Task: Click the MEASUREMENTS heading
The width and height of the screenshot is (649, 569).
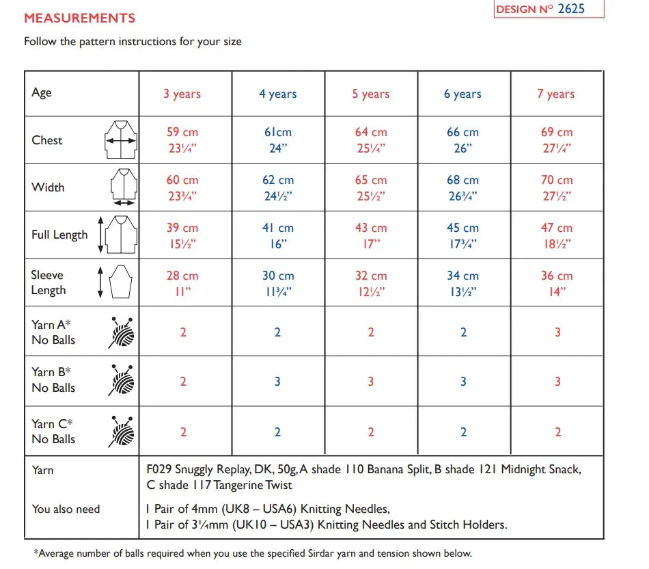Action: [79, 18]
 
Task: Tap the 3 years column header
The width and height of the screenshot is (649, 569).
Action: [182, 94]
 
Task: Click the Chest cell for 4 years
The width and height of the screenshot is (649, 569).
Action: [278, 140]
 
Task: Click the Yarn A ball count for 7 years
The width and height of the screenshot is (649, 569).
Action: [557, 332]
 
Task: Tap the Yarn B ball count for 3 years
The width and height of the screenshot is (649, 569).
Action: [183, 382]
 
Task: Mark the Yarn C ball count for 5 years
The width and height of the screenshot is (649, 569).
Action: [370, 432]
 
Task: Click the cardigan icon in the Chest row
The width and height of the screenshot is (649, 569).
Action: [121, 140]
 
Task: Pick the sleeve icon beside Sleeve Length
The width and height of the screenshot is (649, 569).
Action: [121, 282]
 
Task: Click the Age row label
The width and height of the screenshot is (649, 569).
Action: [42, 93]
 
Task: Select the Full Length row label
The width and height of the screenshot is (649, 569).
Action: [59, 235]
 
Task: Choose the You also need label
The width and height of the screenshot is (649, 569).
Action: [66, 509]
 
